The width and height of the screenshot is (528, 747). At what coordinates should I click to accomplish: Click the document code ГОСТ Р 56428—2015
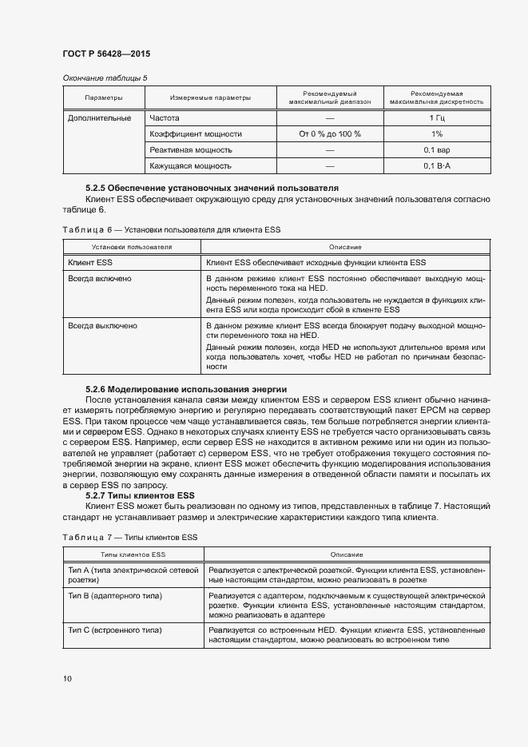(x=106, y=54)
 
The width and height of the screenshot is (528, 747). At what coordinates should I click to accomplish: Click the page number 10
(x=67, y=678)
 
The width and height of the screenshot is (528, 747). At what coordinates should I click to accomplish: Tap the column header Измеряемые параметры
(x=210, y=98)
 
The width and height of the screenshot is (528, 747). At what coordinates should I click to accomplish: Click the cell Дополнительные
(x=100, y=118)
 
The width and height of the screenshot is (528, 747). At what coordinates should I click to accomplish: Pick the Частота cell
(x=165, y=118)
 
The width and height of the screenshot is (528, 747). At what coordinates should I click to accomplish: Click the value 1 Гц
(x=437, y=118)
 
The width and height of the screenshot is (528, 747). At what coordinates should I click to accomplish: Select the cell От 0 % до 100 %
(x=330, y=134)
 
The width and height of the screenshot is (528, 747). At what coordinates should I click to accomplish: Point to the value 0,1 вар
(x=437, y=150)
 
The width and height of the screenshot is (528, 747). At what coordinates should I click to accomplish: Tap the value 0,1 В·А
(x=437, y=166)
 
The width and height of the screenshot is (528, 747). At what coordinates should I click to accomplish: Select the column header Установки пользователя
(x=132, y=247)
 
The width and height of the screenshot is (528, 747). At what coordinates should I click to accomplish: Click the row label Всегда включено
(x=100, y=279)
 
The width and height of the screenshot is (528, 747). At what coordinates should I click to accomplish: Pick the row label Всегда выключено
(x=102, y=326)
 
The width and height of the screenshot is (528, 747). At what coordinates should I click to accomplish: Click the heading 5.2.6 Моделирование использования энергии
(x=185, y=388)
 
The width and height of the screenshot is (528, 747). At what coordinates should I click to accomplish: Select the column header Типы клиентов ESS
(x=133, y=554)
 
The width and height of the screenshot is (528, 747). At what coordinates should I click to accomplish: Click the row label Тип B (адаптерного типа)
(x=115, y=596)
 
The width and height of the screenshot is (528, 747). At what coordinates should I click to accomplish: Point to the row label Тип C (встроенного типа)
(x=116, y=630)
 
